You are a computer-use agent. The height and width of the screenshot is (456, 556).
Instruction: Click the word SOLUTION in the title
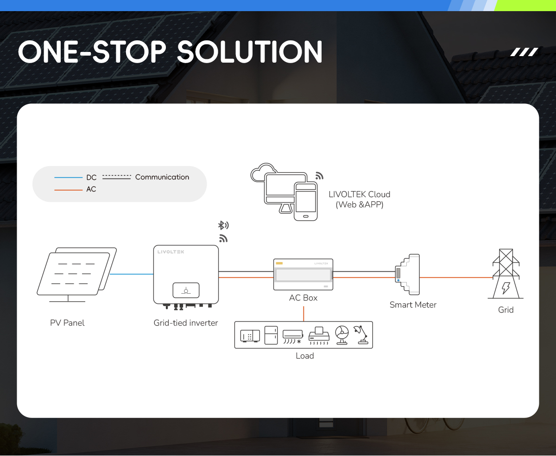pos(250,52)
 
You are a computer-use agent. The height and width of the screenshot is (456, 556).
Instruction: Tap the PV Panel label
pos(67,323)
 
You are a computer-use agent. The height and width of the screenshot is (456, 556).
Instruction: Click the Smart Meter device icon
pos(407,275)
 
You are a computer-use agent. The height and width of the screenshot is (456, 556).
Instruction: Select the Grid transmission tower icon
pos(505,274)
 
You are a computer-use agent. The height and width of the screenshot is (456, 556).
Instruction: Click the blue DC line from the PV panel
pos(132,274)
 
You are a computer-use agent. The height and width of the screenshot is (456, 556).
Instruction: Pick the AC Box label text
pos(303,298)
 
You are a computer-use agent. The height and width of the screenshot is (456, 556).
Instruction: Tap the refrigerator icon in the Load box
pos(271,335)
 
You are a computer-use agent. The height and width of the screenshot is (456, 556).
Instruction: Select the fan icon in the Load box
pos(342,335)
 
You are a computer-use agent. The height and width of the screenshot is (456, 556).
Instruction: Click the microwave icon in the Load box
pos(250,336)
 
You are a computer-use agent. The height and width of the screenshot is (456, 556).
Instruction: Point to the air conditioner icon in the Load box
pos(293,336)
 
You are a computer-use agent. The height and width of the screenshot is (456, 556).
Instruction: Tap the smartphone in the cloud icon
pos(305,201)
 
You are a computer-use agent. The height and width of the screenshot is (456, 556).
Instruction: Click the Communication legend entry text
pos(162,177)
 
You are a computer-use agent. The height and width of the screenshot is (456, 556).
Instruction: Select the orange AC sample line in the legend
pos(68,190)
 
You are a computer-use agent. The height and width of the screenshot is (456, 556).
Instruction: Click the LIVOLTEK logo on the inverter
pos(171,252)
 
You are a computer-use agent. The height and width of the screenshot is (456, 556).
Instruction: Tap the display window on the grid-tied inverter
pos(186,290)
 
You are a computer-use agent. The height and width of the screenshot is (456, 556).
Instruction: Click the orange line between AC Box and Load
pos(303,314)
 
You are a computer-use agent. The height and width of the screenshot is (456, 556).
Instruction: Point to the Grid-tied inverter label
pos(186,323)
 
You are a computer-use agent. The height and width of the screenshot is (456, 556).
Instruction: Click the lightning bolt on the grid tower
pos(505,288)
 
